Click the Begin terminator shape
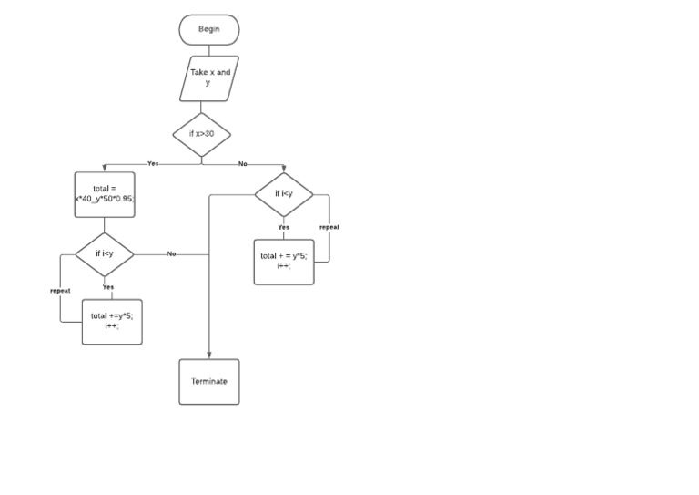click(209, 29)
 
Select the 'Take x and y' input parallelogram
click(209, 77)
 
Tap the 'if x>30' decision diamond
click(202, 134)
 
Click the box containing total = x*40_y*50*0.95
click(105, 194)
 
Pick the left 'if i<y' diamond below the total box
click(105, 253)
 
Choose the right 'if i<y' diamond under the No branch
click(284, 194)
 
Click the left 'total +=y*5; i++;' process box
click(112, 322)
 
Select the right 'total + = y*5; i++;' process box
click(284, 262)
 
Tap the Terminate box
click(209, 382)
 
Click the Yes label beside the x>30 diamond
click(153, 164)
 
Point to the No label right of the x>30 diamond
click(243, 164)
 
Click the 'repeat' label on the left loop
click(60, 291)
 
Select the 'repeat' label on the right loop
click(329, 227)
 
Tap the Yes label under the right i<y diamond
click(284, 227)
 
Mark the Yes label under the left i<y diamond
click(108, 287)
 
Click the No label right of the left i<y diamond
click(171, 253)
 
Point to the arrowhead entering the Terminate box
click(209, 356)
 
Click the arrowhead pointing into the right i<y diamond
click(284, 170)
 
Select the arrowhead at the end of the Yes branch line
click(105, 168)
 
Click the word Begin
click(209, 29)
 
